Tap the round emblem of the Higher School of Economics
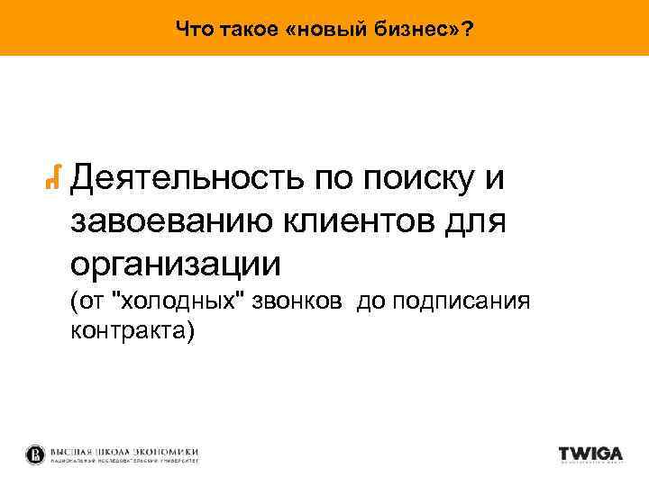tap(35, 454)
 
